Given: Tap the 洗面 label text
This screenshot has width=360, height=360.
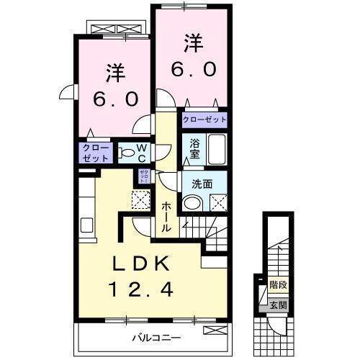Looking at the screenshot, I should coord(202,184).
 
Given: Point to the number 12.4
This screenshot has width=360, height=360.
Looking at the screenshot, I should coord(141,290).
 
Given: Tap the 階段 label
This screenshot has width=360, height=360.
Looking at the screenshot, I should coord(278,285).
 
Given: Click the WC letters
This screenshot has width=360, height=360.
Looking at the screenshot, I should coord(142,152).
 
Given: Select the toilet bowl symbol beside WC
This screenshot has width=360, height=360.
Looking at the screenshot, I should coord(125,153).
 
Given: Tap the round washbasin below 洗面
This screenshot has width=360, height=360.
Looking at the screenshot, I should coord(192,202).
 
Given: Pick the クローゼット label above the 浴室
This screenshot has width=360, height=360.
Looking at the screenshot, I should coord(204,120).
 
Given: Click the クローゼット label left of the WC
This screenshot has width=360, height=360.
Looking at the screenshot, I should coord(96,152).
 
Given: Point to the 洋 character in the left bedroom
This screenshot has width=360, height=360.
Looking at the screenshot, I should coord(115,72).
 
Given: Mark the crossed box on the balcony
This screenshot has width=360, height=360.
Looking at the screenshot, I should coord(213,330).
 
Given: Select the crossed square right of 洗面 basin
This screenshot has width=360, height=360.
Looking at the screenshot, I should coord(218,203).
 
